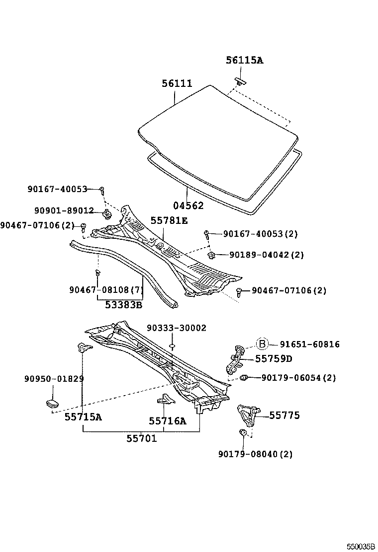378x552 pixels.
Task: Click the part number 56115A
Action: coord(244,61)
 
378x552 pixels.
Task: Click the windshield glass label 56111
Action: coord(177,84)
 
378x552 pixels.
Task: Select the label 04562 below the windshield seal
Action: coord(189,206)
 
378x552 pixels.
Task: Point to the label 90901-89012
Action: coord(65,211)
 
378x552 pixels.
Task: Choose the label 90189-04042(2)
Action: coord(266,255)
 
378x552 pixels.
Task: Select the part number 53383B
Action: coord(123,305)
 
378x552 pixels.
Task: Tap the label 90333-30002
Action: coord(177,328)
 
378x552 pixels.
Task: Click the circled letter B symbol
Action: coord(262,344)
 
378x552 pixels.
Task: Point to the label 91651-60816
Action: coord(309,344)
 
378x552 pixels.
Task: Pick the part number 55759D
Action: coord(274,358)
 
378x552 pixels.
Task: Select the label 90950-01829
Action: coord(54,379)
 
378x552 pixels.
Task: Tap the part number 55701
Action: coord(141,438)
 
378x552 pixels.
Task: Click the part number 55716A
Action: coord(167,421)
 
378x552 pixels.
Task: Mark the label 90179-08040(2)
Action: coord(255,454)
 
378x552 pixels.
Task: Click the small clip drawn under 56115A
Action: coord(240,80)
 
